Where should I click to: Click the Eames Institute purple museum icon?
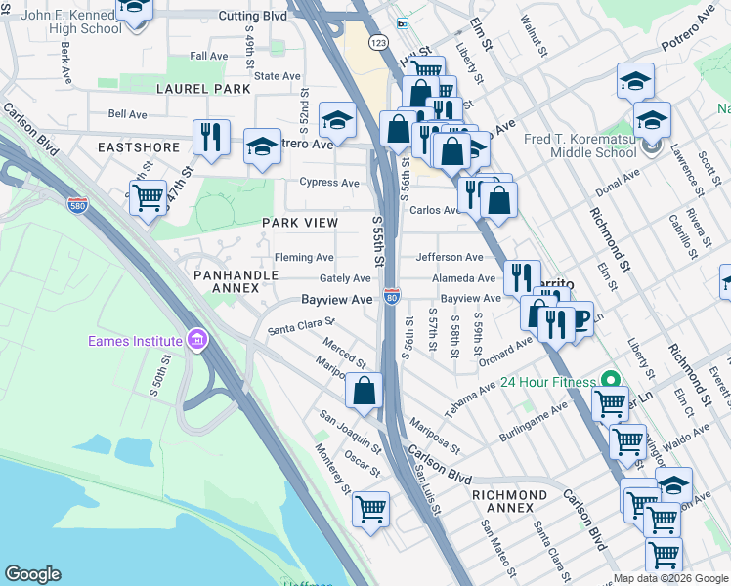pyautogui.click(x=197, y=340)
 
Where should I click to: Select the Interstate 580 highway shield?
pyautogui.click(x=78, y=205)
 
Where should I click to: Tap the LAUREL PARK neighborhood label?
pyautogui.click(x=202, y=89)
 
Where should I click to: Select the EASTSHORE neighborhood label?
pyautogui.click(x=139, y=147)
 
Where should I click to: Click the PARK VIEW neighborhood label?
pyautogui.click(x=299, y=223)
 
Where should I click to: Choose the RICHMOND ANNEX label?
pyautogui.click(x=509, y=495)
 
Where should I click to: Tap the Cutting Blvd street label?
pyautogui.click(x=253, y=17)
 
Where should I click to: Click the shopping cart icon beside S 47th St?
pyautogui.click(x=148, y=197)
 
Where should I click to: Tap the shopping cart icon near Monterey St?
pyautogui.click(x=371, y=509)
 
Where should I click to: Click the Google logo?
pyautogui.click(x=33, y=574)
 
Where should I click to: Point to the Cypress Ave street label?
pyautogui.click(x=329, y=183)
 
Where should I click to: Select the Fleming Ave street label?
pyautogui.click(x=304, y=258)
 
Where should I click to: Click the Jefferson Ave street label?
pyautogui.click(x=450, y=257)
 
